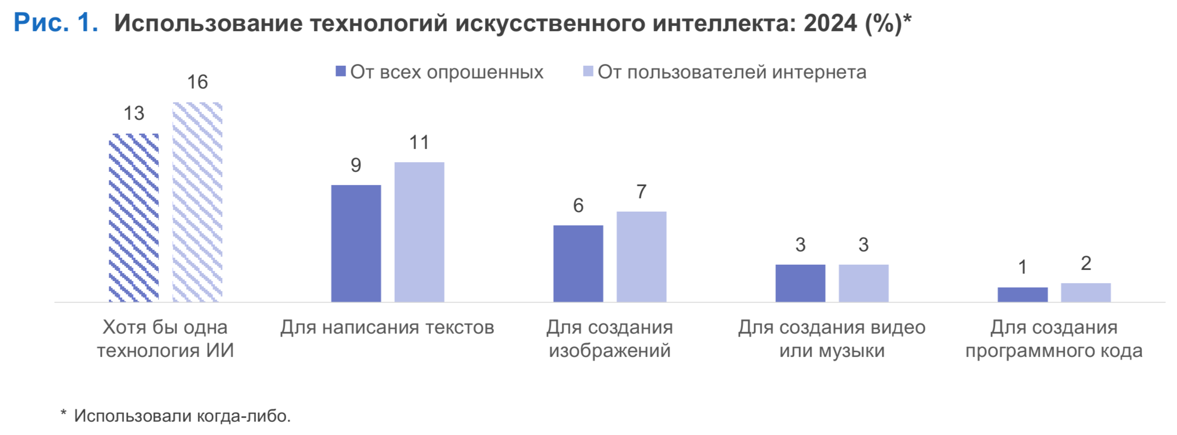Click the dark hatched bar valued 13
coord(134,217)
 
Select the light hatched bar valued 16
coord(197,202)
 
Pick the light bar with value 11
coord(419,232)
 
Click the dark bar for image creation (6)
coord(578,263)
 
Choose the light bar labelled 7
coord(641,257)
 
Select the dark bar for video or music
coord(800,283)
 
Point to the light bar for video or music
coord(863,283)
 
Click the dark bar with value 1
coord(1022,294)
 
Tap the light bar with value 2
coord(1085,292)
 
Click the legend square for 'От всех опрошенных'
coord(341,71)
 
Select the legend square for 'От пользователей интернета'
coord(588,71)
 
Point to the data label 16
coord(197,82)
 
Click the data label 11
coord(419,142)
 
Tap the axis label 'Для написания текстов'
coord(387,327)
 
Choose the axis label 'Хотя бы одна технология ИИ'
coord(165,338)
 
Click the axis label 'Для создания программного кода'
coord(1054,338)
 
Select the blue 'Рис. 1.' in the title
coord(56,23)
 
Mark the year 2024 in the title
coord(830,23)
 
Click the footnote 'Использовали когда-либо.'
coord(182,415)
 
